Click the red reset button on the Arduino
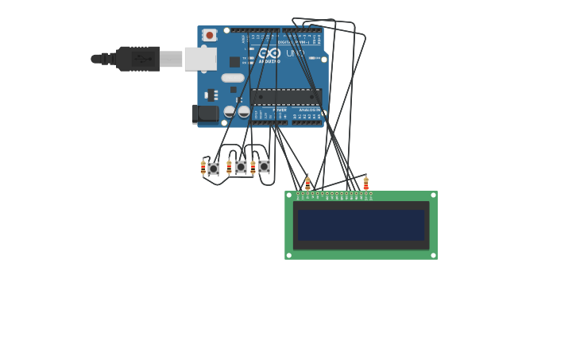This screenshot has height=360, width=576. (210, 35)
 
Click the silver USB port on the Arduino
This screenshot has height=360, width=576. (200, 59)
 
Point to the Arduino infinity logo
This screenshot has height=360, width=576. (270, 53)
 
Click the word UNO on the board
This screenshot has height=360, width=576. (295, 53)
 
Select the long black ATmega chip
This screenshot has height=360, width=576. (286, 97)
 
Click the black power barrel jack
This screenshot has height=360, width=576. (206, 114)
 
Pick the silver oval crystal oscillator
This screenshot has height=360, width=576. (233, 78)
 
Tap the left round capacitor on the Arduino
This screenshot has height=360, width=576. (230, 112)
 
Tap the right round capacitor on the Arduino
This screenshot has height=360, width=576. (244, 112)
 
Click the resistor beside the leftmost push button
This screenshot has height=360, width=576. (203, 168)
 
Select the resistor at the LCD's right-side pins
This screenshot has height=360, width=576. (366, 184)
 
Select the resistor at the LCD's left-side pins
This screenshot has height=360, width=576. (307, 184)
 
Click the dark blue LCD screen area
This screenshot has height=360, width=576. (361, 225)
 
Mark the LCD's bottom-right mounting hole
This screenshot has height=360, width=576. (433, 255)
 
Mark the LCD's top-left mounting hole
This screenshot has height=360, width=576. (289, 195)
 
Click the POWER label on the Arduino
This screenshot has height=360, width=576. (280, 110)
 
